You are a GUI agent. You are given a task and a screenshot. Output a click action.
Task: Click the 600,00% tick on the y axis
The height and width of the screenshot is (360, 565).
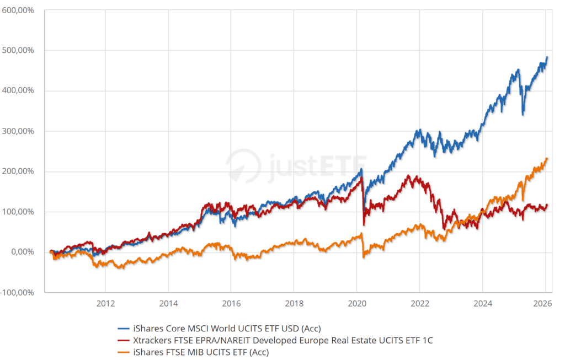tap(19, 10)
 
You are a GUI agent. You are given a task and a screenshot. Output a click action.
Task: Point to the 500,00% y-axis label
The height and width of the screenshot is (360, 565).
tap(19, 50)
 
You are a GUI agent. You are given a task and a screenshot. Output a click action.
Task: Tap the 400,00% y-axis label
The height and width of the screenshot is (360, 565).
tap(19, 90)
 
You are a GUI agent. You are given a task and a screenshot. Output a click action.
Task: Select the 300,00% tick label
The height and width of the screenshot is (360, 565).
tap(19, 131)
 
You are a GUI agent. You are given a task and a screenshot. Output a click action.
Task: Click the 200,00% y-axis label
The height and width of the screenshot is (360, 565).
tap(19, 171)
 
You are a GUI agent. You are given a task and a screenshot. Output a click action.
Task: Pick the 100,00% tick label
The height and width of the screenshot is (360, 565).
tap(19, 212)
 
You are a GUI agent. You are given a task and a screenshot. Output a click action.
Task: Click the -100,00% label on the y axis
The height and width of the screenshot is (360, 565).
tap(18, 292)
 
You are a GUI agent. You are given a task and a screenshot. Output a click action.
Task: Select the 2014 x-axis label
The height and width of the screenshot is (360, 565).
tap(168, 303)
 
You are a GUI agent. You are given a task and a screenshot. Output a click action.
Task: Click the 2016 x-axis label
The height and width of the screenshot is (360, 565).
tap(231, 303)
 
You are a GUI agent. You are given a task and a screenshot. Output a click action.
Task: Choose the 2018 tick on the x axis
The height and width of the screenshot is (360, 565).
tap(294, 303)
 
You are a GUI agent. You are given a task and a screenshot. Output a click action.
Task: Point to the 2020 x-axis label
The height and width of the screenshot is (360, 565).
tap(356, 303)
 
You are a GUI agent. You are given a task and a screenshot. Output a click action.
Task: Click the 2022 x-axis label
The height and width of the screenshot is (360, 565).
tap(419, 303)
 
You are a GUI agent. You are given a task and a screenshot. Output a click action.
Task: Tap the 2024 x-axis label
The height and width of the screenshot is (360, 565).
tap(482, 303)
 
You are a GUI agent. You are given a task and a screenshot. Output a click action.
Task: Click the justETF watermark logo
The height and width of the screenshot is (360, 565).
tap(295, 164)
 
